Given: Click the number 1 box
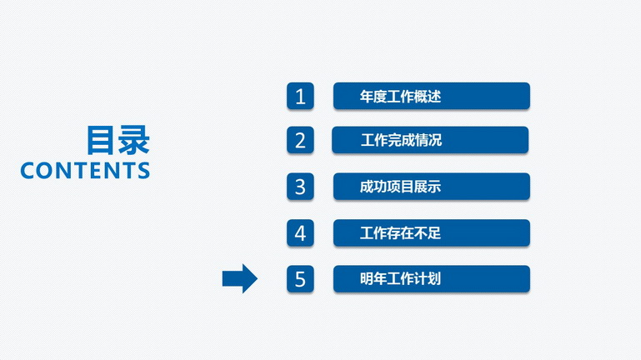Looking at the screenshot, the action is (300, 96).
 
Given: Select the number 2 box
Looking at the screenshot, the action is (300, 140).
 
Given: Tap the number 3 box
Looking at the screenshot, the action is (300, 187).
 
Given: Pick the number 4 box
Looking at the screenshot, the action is (300, 233).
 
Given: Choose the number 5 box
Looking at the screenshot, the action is (300, 279).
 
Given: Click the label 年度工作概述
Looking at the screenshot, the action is (400, 97).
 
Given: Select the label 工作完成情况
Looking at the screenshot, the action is (401, 140).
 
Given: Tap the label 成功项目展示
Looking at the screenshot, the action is (400, 187).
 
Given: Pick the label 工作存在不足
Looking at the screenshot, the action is (400, 233).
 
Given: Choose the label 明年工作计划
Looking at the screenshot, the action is (400, 279).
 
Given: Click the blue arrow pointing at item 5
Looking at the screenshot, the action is (240, 278).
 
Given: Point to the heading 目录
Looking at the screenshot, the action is (118, 140).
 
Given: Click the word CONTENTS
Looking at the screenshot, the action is (85, 170).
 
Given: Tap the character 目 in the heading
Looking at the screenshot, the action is (101, 140).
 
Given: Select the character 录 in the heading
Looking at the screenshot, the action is (134, 140).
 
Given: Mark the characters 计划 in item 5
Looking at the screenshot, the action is (428, 279).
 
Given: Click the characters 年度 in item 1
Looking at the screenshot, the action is (373, 97).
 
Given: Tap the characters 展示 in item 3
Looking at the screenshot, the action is (428, 187).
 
